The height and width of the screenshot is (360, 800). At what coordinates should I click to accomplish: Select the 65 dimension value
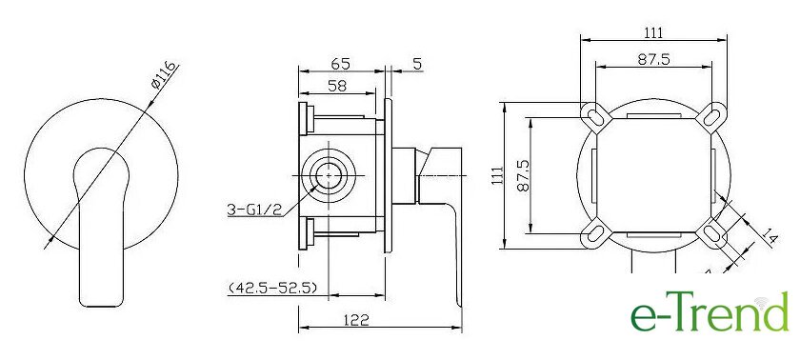tap(340, 64)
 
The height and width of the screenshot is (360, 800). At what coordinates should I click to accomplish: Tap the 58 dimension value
tap(337, 86)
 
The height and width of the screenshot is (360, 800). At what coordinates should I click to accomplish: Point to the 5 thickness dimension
tap(417, 64)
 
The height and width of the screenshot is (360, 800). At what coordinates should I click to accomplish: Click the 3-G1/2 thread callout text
tap(255, 210)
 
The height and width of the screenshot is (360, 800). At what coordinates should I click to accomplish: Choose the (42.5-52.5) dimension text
tap(273, 288)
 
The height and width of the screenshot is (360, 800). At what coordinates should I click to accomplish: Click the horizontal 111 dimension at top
tap(653, 32)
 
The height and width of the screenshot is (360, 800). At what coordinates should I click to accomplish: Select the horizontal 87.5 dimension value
tap(653, 59)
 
